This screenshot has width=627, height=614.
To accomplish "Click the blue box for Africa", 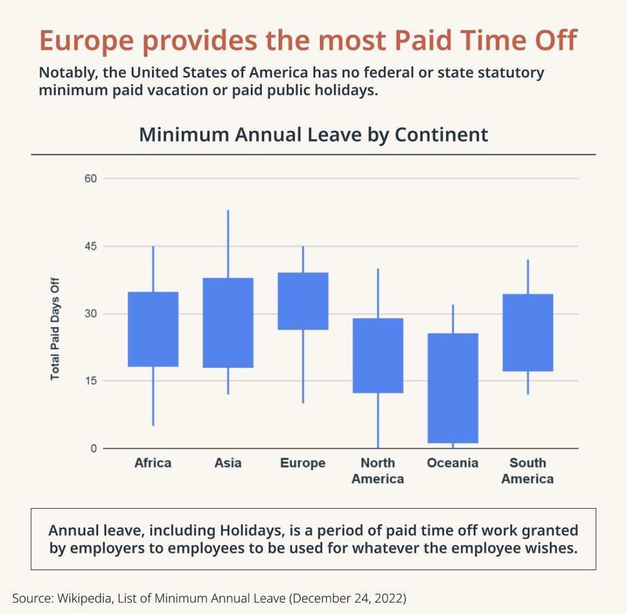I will click(153, 329).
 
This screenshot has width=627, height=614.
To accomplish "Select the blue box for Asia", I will click(228, 323).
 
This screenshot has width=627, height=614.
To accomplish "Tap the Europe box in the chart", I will click(303, 301).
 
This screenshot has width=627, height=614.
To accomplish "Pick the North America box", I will click(378, 355).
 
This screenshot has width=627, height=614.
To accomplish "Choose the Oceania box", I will click(453, 388).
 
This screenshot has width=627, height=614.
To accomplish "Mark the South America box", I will click(528, 332).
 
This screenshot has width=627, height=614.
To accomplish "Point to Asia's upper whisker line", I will click(228, 244).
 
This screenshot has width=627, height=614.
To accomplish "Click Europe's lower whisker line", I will click(303, 366).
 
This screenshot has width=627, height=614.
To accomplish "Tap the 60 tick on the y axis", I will click(90, 178).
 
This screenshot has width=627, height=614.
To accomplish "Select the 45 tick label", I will click(90, 246).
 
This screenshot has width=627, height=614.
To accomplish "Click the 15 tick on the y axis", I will click(90, 381).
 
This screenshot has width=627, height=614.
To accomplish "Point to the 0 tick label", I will click(93, 449).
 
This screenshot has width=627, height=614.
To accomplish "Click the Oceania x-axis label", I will click(452, 463).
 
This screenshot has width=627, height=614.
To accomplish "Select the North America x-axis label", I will click(378, 471).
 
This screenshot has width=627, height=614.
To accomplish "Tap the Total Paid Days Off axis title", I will click(55, 329).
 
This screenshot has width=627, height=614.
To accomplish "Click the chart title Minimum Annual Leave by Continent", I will click(313, 134).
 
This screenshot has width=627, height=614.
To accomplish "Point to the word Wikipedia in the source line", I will click(83, 597).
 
